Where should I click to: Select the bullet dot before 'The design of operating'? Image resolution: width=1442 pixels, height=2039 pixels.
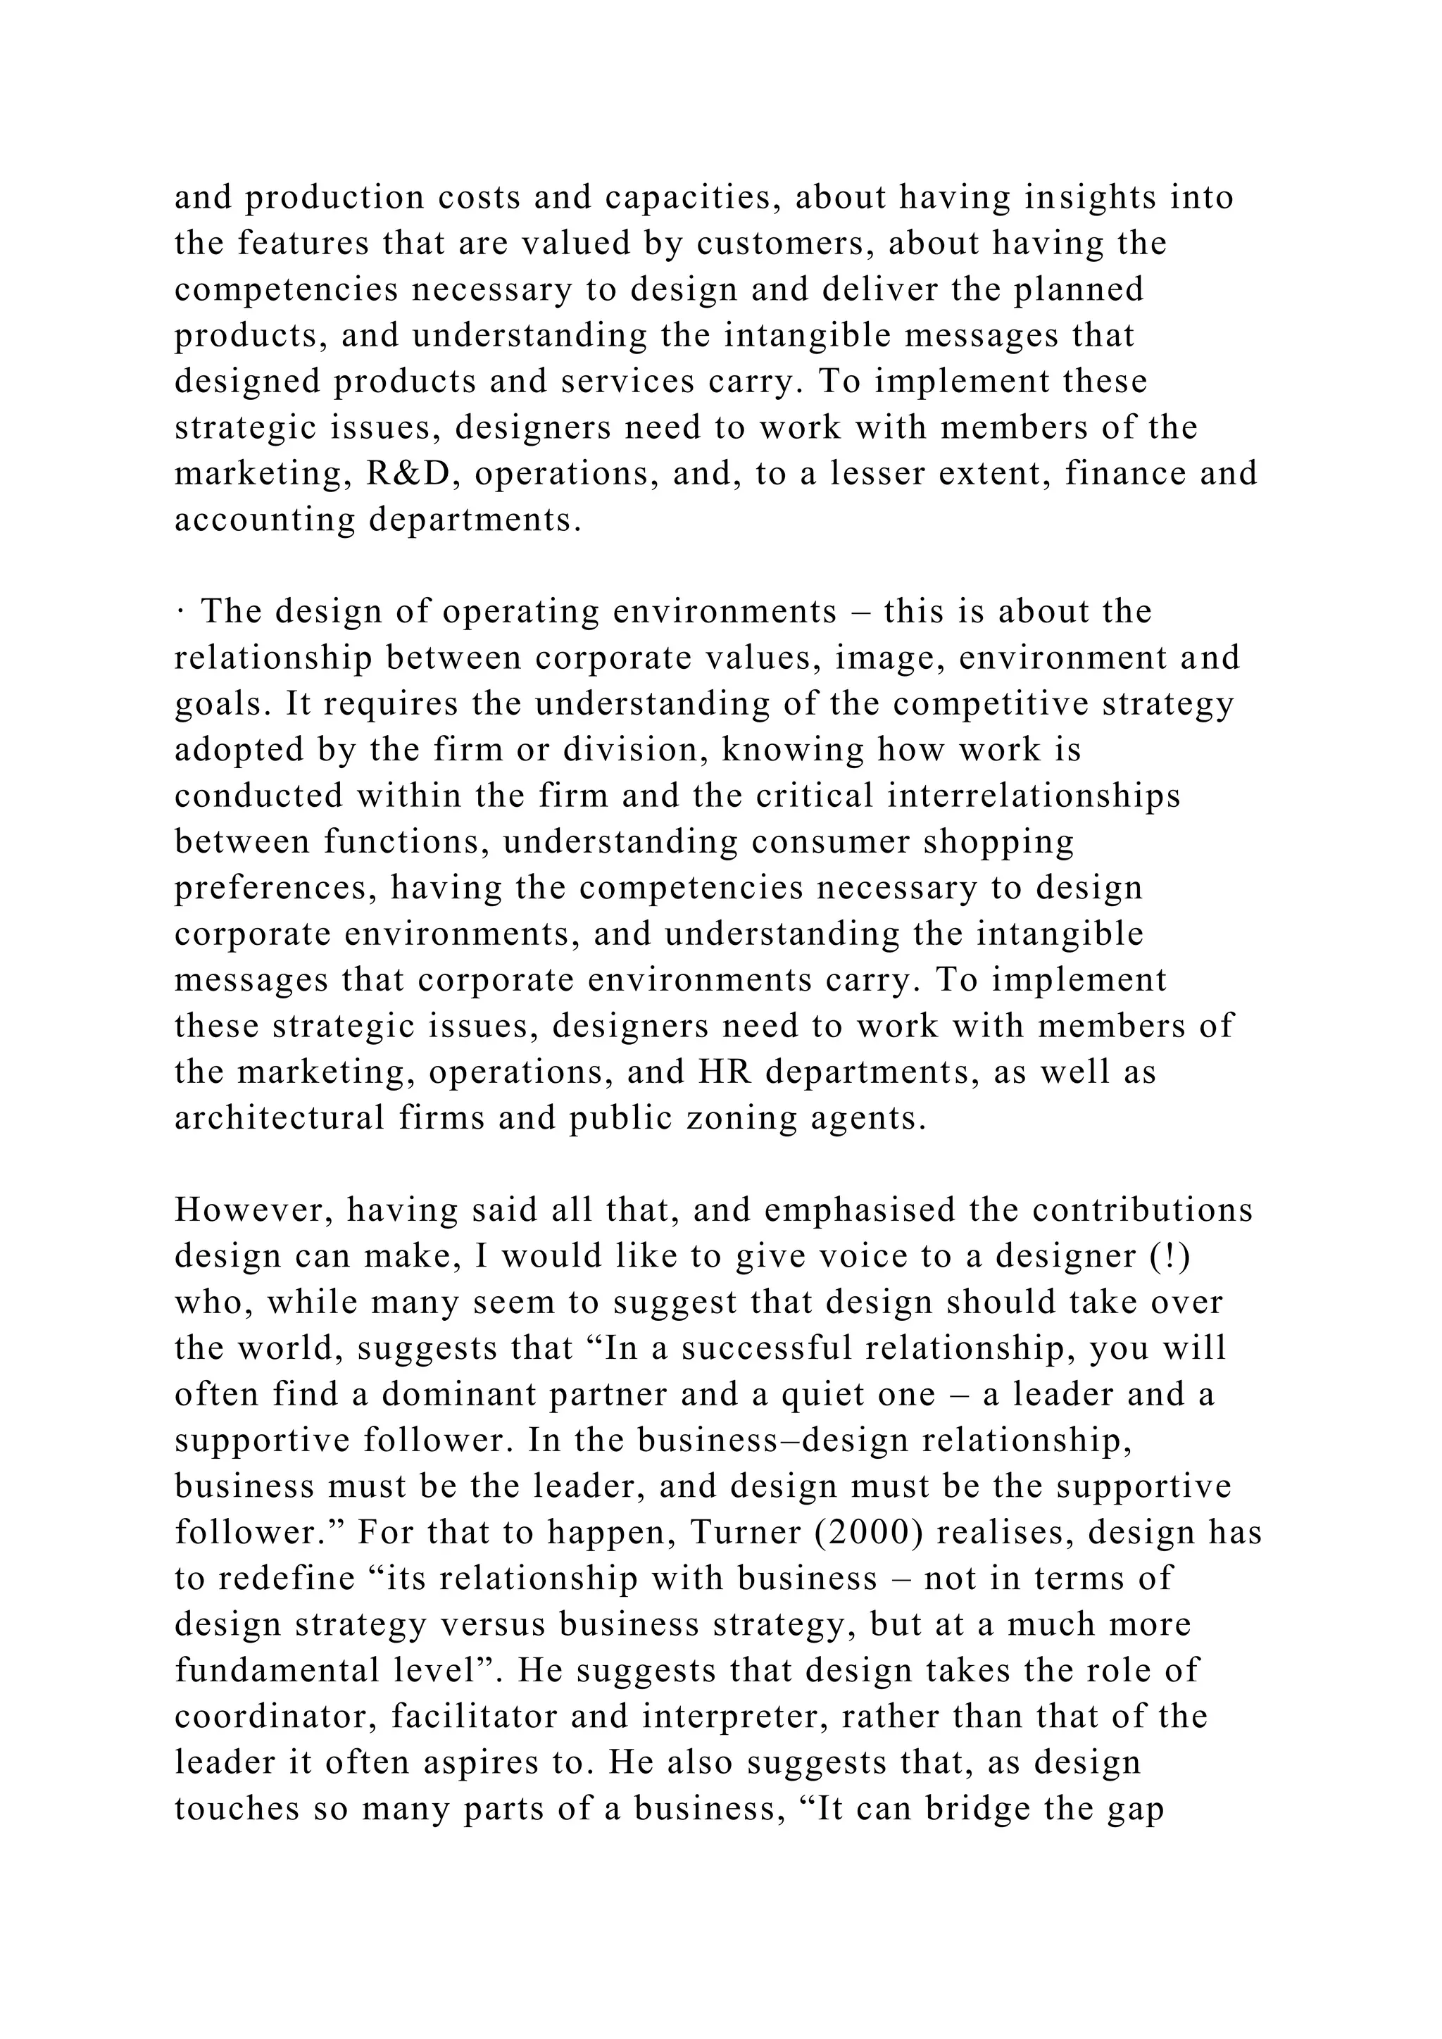click(180, 612)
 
